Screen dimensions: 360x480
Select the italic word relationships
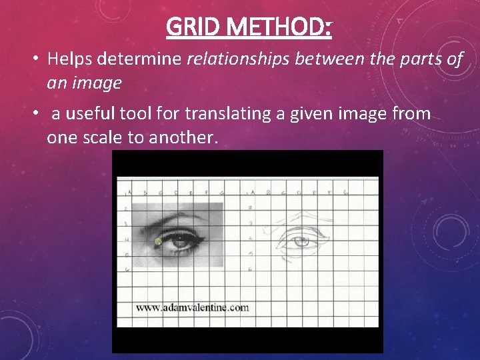pos(239,59)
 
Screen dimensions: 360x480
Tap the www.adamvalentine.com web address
pos(192,308)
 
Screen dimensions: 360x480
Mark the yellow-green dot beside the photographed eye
pos(158,241)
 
